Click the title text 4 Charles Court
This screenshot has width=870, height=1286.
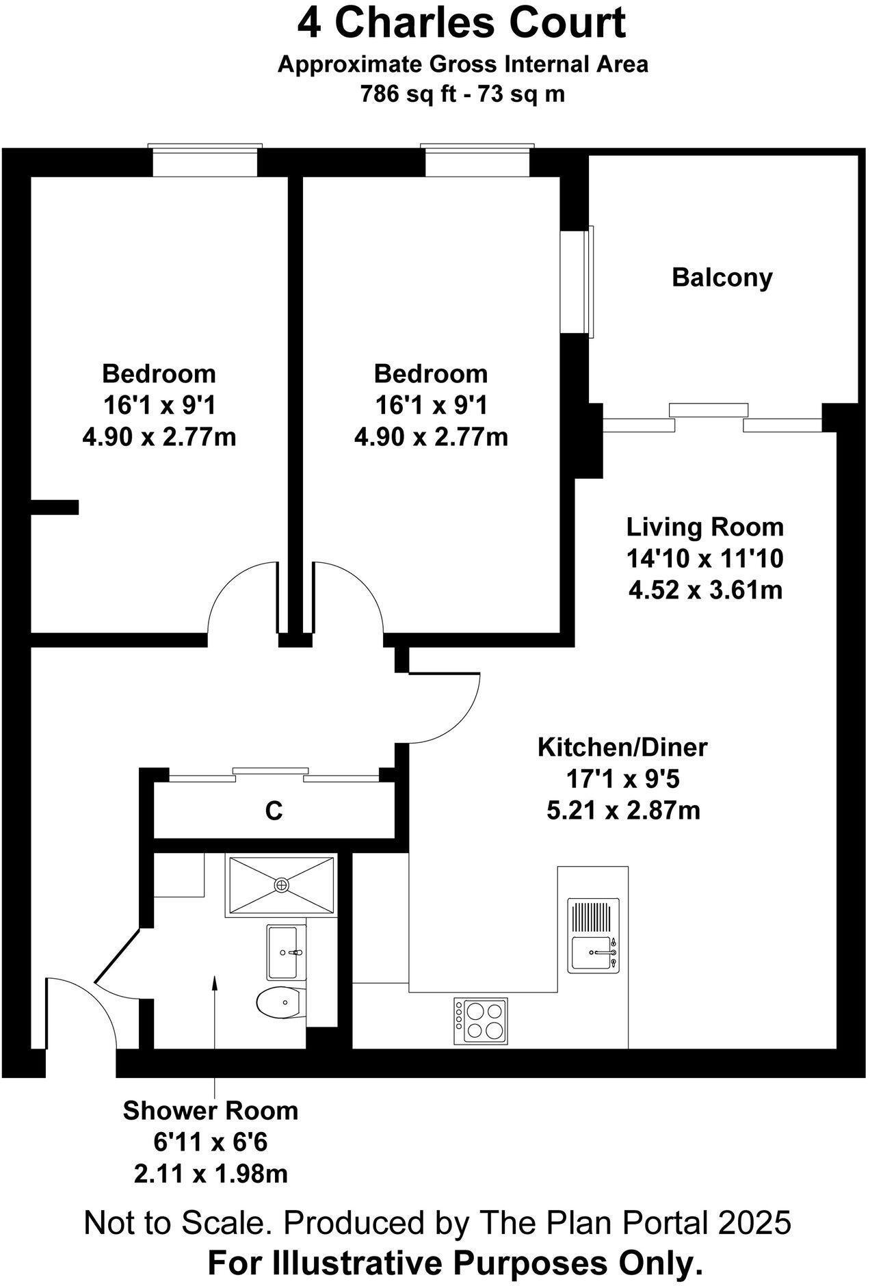point(461,23)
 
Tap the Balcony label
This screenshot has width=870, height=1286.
point(722,278)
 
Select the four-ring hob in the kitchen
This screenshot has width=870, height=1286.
point(481,1021)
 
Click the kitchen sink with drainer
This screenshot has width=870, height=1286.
point(593,935)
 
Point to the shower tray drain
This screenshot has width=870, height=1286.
point(281,885)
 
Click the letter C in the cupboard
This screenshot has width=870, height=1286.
point(274,811)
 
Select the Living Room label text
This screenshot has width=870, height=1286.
point(704,527)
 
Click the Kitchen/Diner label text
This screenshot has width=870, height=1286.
point(622,747)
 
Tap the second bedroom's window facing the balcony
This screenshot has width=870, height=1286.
point(576,282)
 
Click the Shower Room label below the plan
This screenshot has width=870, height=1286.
point(210,1111)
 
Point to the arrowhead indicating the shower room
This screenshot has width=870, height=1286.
point(215,983)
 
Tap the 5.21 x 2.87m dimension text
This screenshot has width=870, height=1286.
point(623,811)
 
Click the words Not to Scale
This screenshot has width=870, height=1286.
point(174,1222)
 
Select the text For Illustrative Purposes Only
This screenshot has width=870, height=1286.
point(455,1263)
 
